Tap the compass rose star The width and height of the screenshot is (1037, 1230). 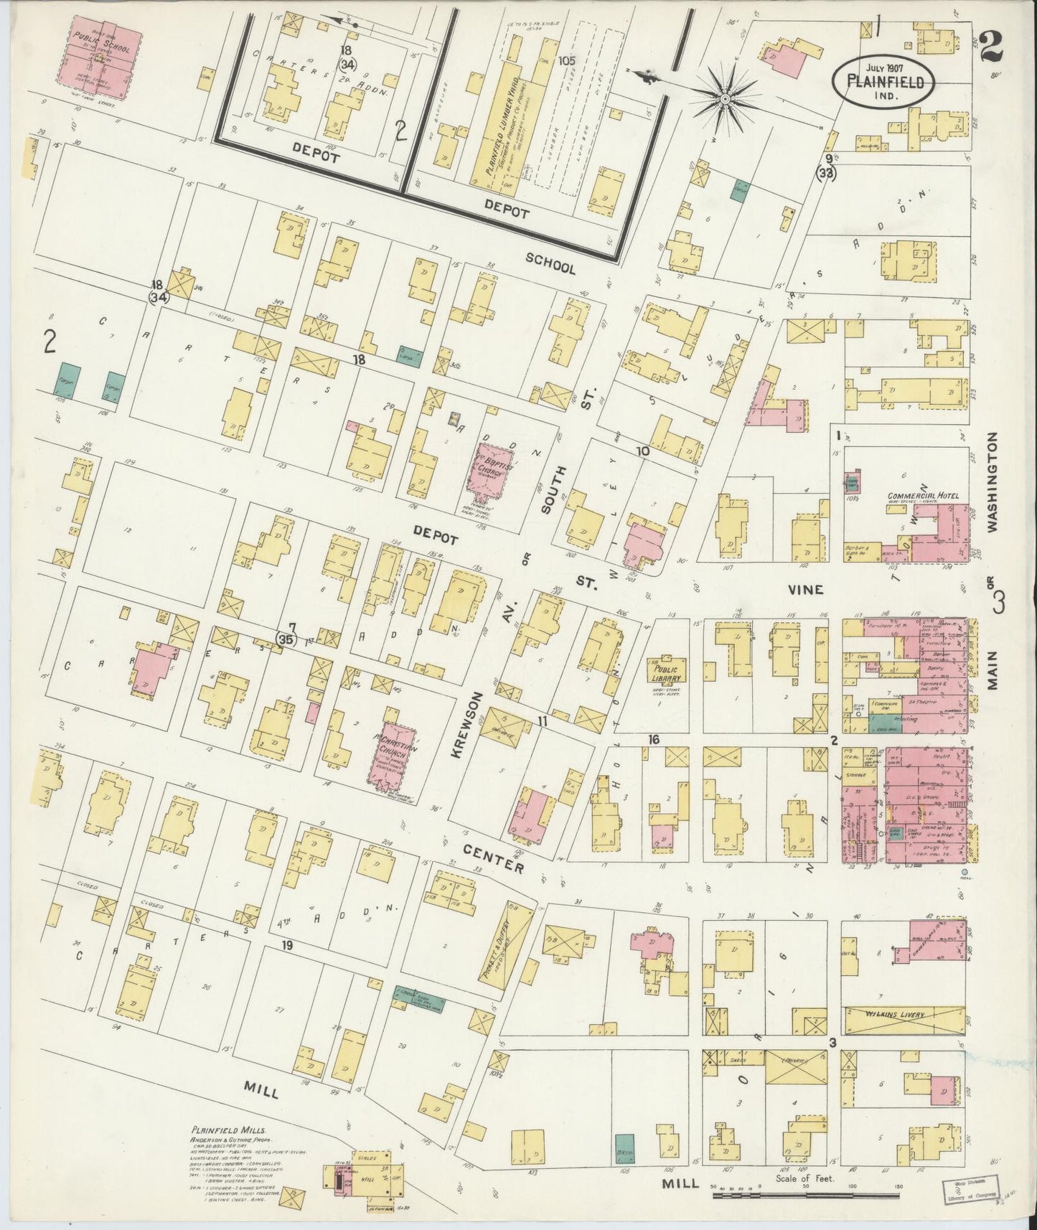coord(725,98)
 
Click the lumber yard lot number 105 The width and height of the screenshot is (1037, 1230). coord(568,61)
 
